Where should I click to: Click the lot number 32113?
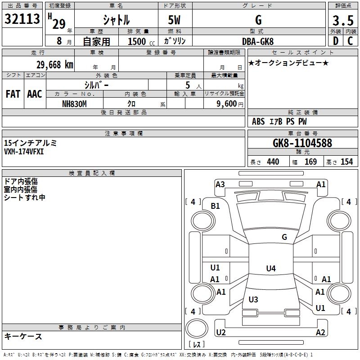point(22,18)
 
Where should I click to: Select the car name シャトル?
point(116,20)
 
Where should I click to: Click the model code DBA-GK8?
point(257,41)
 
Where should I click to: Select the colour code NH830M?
point(75,104)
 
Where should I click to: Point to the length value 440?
point(273,162)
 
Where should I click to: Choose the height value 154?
point(346,162)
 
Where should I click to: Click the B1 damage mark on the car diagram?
point(216,206)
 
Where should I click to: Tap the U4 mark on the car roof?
point(270,269)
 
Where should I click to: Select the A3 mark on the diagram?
point(220,184)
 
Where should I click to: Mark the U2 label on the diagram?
point(220,333)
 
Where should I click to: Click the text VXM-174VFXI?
point(24,151)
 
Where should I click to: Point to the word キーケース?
point(23,336)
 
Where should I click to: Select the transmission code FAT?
point(13,94)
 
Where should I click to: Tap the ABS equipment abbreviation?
point(258,121)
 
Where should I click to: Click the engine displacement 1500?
point(137,42)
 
